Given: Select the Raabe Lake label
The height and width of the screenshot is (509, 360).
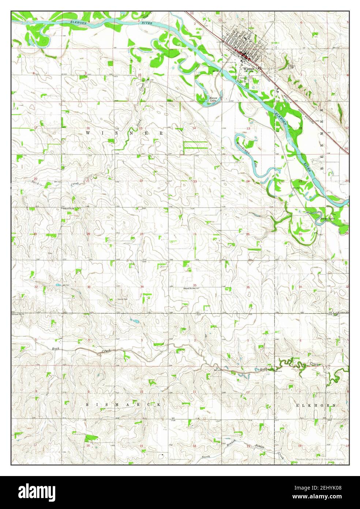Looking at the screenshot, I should click(327, 219).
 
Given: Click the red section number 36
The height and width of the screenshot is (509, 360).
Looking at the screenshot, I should click(248, 287).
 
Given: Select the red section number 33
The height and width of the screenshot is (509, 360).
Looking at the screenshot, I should click(89, 287).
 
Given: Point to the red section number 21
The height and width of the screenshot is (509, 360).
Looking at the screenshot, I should click(88, 181).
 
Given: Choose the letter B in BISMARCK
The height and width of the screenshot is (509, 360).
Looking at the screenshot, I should click(87, 405).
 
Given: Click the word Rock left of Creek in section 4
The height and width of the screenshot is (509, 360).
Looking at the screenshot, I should click(56, 348).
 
